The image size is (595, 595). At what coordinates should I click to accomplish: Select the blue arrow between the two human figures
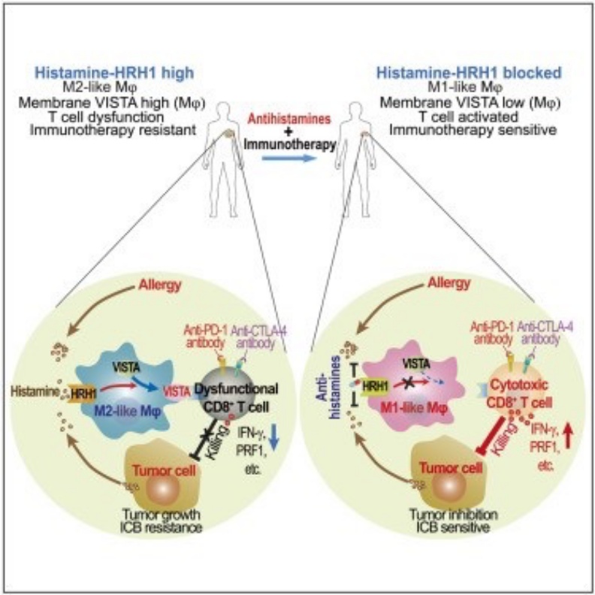(x=294, y=160)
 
